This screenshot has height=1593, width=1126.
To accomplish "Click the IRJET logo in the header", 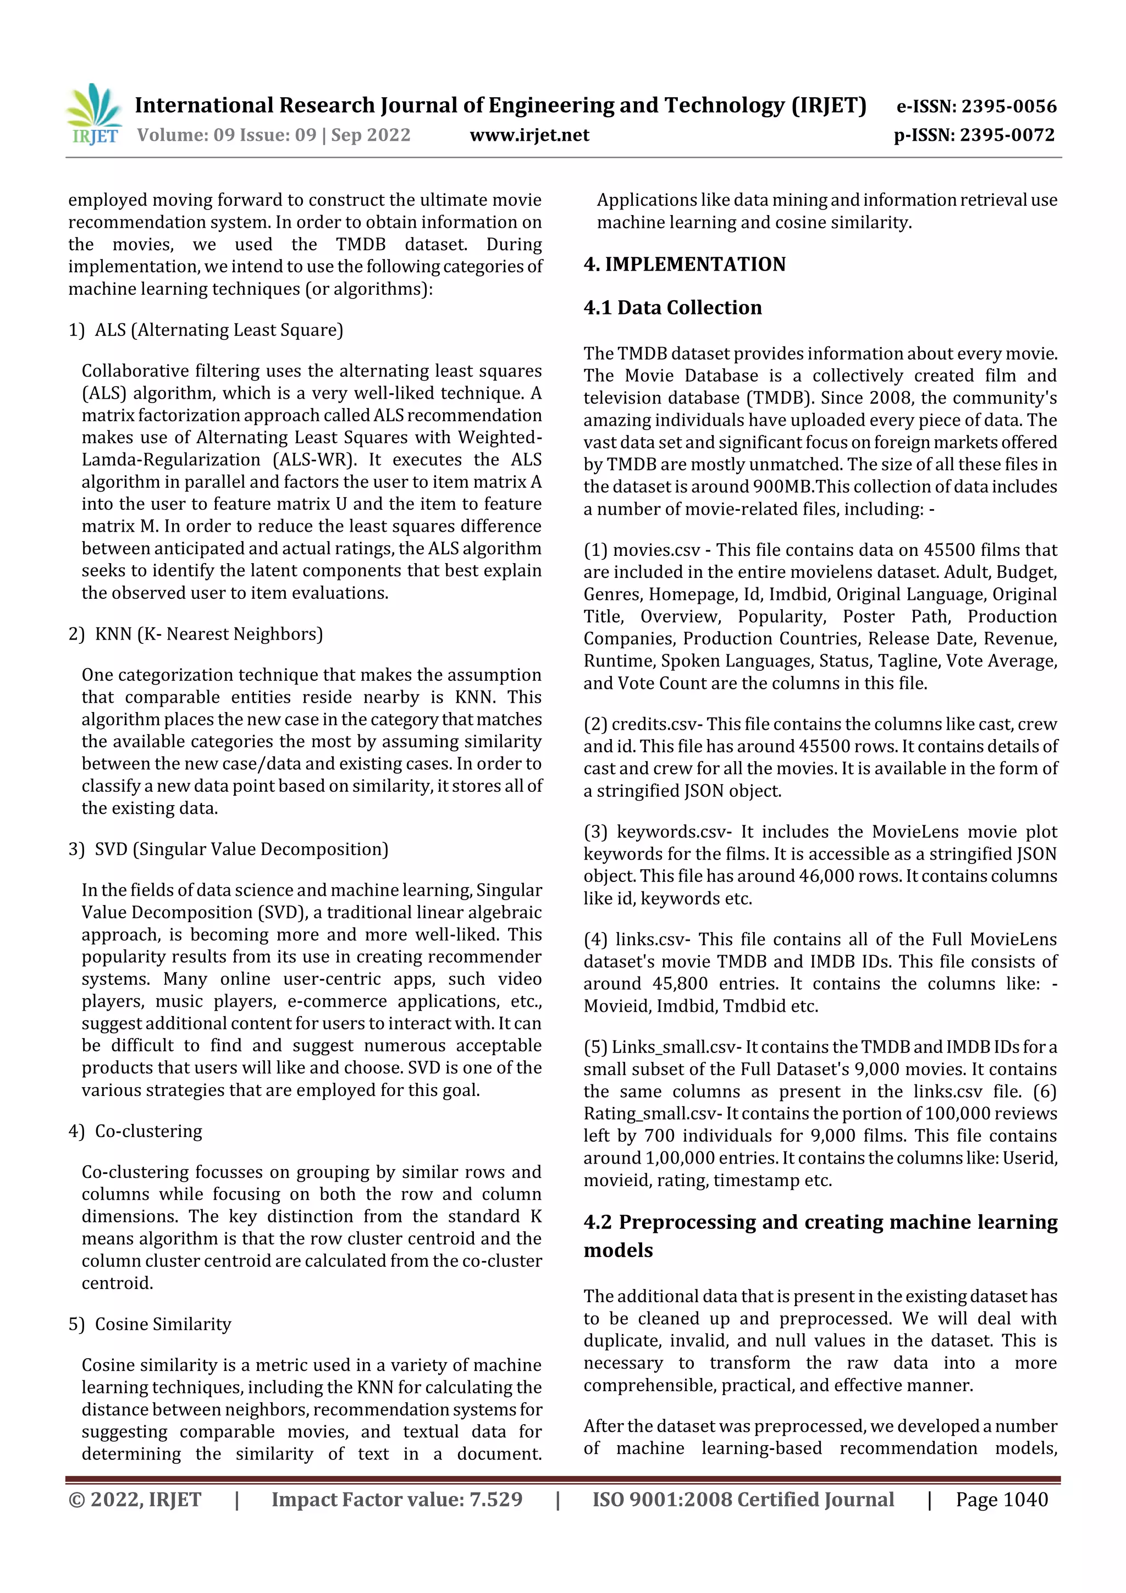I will (x=95, y=114).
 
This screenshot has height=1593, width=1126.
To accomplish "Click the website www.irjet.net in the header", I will (x=529, y=135).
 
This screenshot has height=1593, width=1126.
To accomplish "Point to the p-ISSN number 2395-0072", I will (x=1007, y=135).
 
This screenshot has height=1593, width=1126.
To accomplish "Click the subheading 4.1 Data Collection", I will (x=672, y=307).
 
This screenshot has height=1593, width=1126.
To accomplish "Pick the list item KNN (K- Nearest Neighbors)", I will (x=208, y=633).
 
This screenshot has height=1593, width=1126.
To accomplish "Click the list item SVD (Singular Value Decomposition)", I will (x=241, y=848).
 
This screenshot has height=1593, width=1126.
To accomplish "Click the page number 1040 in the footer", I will (x=1025, y=1500).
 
